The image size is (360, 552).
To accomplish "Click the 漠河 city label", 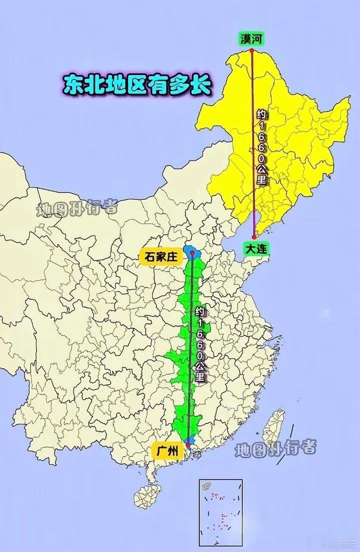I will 251,38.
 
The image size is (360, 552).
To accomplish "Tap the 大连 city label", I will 256,248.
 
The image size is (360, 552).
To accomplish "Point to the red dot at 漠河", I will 251,50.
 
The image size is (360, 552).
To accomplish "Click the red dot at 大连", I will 254,237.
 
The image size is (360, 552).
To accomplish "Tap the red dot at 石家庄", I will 192,253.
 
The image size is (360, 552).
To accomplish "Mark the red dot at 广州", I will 187,443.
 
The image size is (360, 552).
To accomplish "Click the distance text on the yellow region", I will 261,147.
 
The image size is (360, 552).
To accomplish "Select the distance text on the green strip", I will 200,345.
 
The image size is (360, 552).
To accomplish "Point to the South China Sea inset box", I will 220,512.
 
